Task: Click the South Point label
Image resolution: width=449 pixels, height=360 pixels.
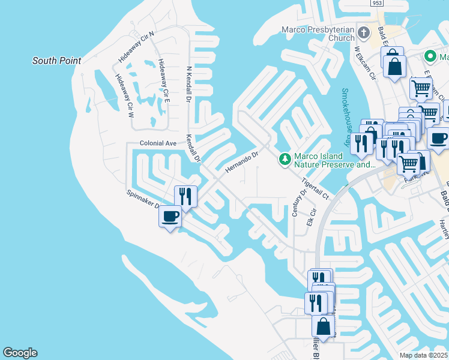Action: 56,61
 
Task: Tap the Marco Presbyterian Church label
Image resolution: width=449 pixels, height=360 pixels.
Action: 318,34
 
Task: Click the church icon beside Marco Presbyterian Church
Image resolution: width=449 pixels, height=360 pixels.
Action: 363,32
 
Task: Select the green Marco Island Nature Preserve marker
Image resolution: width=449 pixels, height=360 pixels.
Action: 285,159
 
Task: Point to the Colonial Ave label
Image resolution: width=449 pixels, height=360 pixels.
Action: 158,143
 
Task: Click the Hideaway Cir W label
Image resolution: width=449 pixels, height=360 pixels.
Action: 124,95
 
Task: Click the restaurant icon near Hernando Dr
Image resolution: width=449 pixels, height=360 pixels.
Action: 185,196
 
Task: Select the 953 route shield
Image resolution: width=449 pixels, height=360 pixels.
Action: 376,3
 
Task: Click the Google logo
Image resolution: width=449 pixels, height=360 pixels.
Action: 20,353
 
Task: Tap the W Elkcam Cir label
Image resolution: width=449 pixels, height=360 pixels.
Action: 364,64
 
